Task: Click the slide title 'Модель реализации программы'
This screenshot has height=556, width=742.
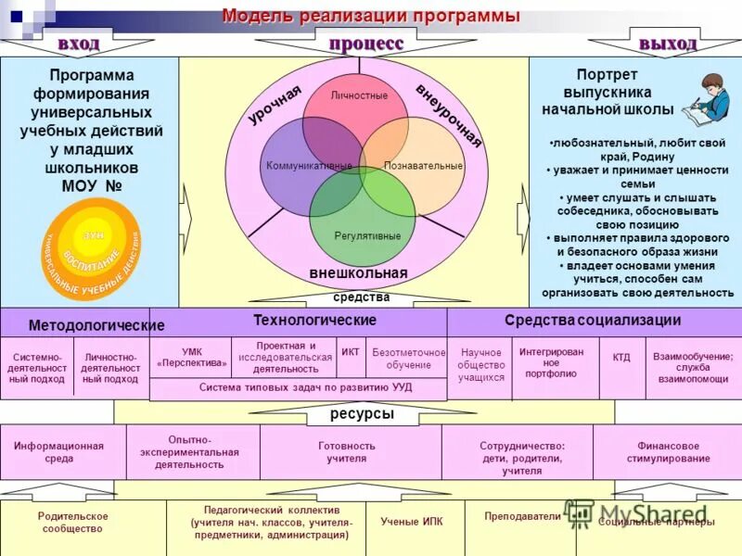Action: coord(370,17)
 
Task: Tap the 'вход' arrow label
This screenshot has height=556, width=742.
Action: coord(78,44)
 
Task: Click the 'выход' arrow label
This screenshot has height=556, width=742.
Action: coord(667,44)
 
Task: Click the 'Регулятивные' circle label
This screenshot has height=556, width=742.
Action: coord(367,236)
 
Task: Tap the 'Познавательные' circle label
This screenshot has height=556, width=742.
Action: coord(423,166)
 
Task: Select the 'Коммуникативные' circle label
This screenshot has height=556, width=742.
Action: coord(309,166)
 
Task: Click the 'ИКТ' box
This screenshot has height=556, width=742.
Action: coord(351,352)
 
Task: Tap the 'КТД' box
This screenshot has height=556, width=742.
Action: coord(621,357)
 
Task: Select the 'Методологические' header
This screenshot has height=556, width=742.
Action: coord(96,325)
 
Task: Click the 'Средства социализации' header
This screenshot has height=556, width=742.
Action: coord(593,321)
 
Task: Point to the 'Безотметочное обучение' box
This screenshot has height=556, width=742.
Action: coord(408,359)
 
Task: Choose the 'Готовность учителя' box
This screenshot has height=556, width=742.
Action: coord(347,451)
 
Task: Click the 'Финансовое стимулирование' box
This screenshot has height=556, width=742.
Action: coord(668,451)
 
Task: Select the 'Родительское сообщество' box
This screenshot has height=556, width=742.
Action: coord(73,523)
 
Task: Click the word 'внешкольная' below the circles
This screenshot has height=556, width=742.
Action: coord(359,273)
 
